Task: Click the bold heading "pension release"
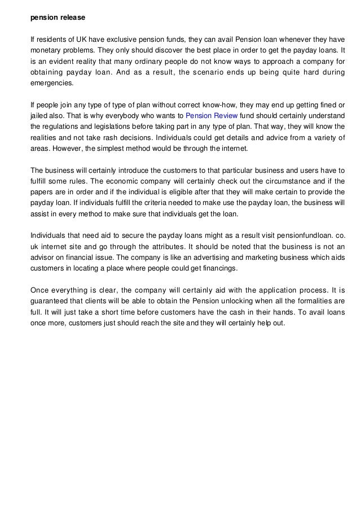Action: pos(58,18)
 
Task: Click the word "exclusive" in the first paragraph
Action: pos(139,40)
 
